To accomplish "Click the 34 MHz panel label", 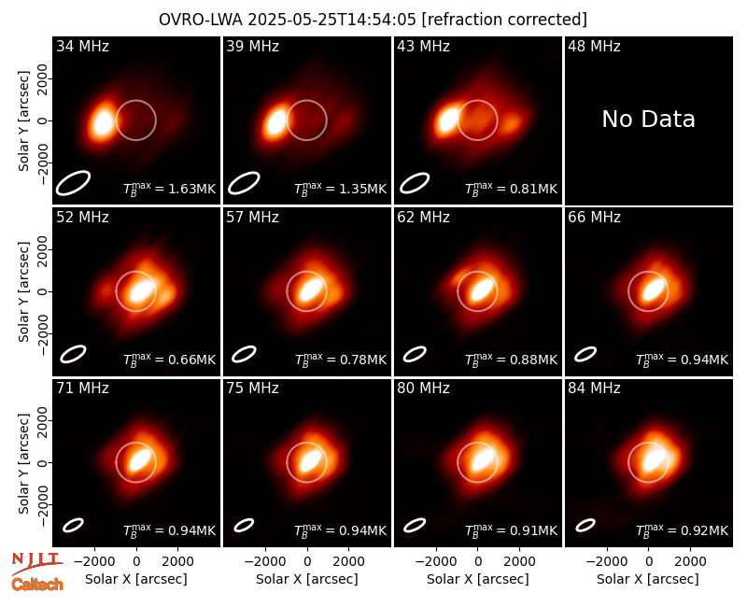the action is tap(82, 46).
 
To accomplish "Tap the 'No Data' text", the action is tap(648, 120).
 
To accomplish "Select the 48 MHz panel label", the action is tap(594, 46).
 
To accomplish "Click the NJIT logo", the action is tap(36, 563).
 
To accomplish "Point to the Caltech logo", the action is tap(37, 585).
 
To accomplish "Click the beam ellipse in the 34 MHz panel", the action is tap(73, 183).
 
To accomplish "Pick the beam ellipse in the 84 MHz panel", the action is tap(585, 525).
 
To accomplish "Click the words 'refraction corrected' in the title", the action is tap(504, 20).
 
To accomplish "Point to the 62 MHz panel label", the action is tap(424, 218).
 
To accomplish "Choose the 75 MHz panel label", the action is tap(252, 388).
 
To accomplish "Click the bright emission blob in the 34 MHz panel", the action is tap(103, 122).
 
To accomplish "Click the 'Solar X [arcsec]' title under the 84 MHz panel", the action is tap(648, 579).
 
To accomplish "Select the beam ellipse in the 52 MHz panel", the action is tap(73, 354).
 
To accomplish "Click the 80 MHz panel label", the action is tap(424, 388).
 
